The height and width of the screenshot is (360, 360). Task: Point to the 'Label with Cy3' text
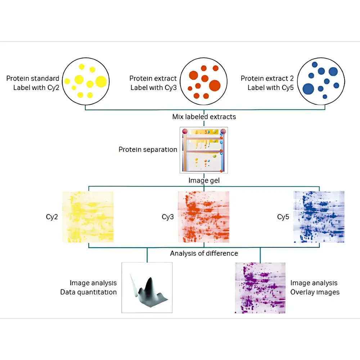153,87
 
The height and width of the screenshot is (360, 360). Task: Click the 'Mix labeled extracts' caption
204,117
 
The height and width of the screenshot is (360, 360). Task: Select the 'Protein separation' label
148,149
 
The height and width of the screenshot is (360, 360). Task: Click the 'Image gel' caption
204,180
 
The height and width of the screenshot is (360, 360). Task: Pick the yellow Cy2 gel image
88,217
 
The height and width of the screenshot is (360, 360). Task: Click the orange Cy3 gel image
203,217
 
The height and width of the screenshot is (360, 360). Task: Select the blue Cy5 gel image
319,217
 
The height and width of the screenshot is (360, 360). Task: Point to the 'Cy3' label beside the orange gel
168,217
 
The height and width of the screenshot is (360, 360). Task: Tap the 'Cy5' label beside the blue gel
283,217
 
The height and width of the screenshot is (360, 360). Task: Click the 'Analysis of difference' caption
204,253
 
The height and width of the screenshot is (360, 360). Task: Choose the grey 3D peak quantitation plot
147,287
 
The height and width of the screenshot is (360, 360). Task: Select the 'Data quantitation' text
89,292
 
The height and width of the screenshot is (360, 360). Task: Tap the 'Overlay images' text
315,292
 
